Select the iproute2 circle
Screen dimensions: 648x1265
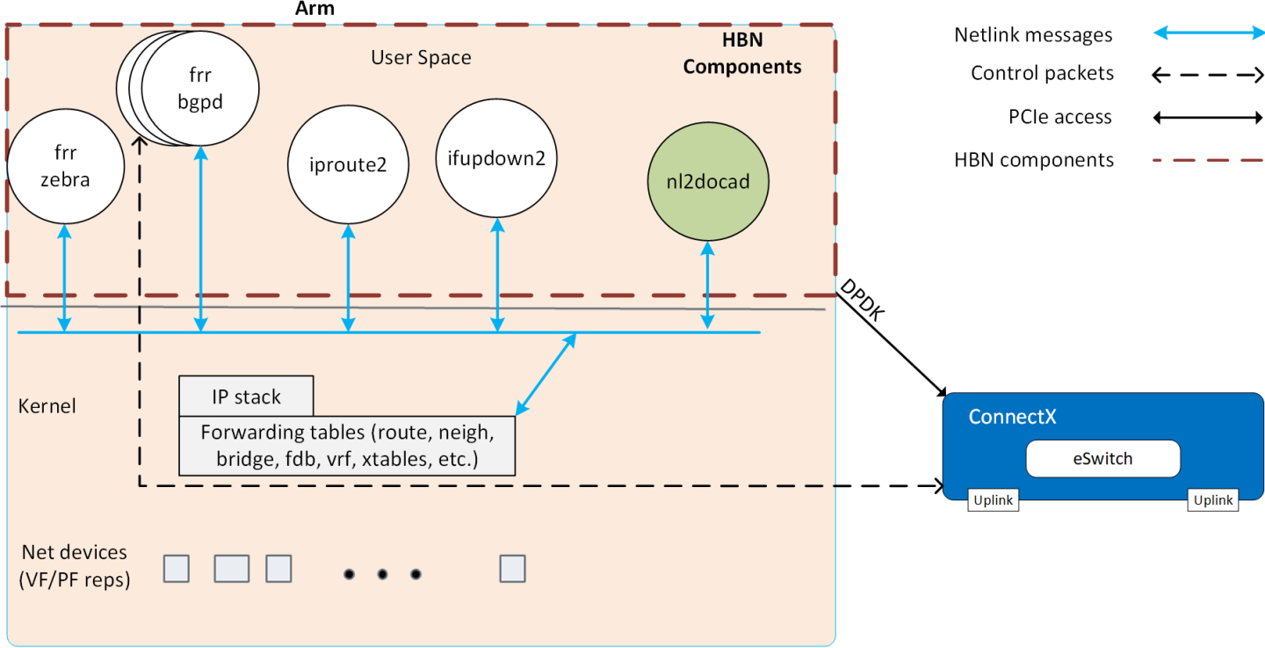(349, 164)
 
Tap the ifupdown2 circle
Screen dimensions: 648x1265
(497, 159)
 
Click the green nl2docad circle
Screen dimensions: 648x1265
(706, 183)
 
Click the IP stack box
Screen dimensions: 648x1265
(246, 397)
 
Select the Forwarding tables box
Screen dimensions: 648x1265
(347, 445)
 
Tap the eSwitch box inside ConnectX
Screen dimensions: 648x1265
(1102, 458)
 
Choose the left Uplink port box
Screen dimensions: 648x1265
(994, 500)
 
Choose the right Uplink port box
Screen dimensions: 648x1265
(1213, 500)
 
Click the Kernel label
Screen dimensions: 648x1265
(47, 406)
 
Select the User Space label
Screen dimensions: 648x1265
(421, 58)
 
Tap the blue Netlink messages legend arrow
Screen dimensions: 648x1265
(1207, 33)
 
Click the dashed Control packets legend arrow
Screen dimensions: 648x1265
(1207, 76)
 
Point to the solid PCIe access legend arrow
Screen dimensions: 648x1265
(1207, 118)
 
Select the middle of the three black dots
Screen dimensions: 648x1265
(382, 574)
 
